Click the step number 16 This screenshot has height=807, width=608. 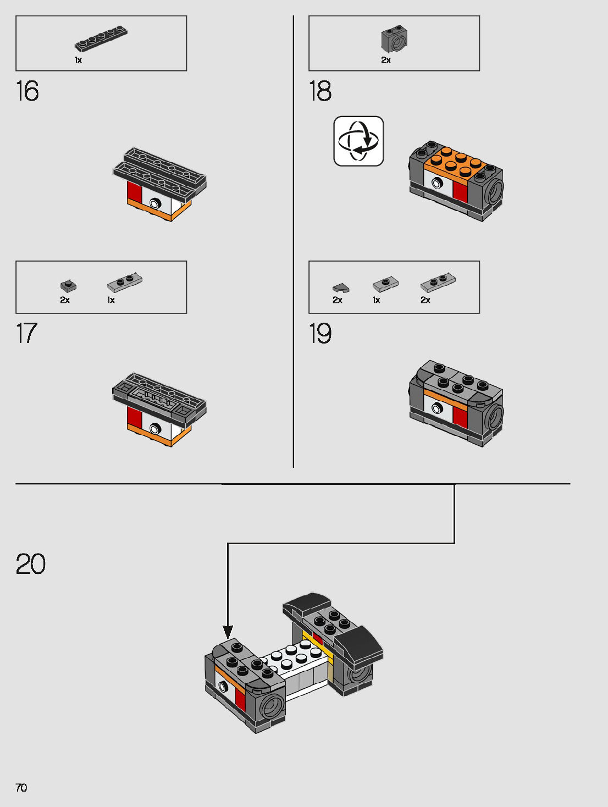click(x=27, y=91)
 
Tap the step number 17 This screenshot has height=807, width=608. click(x=26, y=334)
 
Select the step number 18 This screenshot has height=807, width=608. click(x=320, y=91)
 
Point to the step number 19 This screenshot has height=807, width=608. click(x=320, y=334)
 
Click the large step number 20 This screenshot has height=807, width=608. click(x=31, y=564)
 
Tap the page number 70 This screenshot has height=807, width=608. click(x=21, y=788)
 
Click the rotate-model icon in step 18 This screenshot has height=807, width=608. click(x=358, y=141)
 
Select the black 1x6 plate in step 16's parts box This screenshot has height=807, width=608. click(x=101, y=39)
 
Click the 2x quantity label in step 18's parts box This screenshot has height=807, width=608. click(x=386, y=60)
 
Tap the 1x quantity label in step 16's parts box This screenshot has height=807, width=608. click(x=78, y=60)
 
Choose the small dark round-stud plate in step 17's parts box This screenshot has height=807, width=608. click(x=68, y=286)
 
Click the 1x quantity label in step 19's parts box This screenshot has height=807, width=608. click(x=377, y=300)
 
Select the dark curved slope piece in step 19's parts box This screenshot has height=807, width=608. click(x=340, y=288)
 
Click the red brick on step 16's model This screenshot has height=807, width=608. click(x=135, y=192)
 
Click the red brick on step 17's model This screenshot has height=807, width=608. click(x=135, y=417)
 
